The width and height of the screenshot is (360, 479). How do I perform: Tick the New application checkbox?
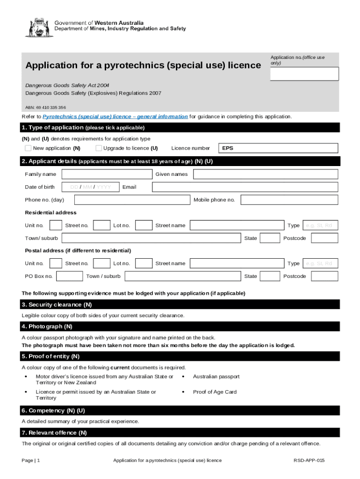point(28,148)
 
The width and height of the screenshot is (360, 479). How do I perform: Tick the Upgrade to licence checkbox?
point(99,148)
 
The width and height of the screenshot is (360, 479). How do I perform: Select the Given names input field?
point(265,174)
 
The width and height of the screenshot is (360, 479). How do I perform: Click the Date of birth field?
point(91,187)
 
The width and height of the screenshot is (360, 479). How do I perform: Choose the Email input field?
point(245,187)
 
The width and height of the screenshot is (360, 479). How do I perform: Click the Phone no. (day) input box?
point(132,200)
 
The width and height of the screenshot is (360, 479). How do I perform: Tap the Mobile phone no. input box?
point(289,200)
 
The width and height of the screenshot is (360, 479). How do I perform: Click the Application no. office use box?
point(297,74)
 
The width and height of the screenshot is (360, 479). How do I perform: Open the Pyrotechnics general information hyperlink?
point(115,116)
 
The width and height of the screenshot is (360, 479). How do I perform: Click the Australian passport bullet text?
point(216,377)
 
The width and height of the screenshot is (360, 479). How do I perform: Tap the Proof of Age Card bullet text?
point(215,392)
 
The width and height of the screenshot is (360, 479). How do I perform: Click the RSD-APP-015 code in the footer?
point(309,461)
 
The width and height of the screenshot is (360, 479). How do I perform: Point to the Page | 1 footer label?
point(31,461)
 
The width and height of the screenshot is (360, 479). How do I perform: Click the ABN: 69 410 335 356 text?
point(45,107)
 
